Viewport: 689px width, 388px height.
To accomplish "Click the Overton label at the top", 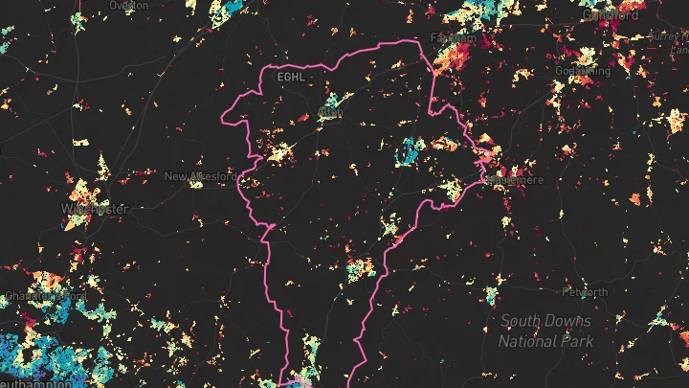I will point(122,5).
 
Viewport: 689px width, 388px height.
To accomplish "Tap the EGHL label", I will point(289,77).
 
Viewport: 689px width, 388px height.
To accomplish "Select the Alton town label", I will point(330,114).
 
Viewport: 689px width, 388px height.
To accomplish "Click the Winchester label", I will point(94,208).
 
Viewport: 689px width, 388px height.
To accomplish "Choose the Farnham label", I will point(454,37).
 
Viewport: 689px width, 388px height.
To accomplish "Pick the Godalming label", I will point(581,71).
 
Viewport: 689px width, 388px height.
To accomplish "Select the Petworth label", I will point(585,292).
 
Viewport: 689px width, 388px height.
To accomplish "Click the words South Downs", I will point(545,322).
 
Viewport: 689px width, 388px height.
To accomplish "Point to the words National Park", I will point(545,341).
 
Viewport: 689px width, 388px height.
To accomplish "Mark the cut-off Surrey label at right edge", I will point(669,35).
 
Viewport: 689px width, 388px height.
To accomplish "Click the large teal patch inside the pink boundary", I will point(411,151).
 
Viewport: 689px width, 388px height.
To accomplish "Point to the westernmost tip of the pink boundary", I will point(222,120).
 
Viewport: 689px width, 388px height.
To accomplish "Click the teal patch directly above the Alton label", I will point(333,100).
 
